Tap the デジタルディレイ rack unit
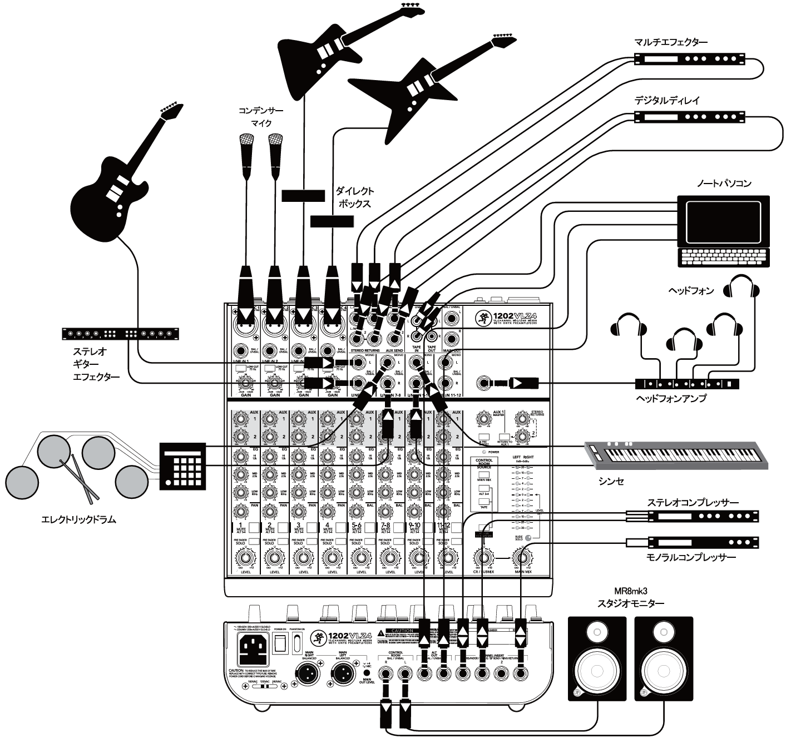tap(690, 117)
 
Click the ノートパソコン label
tap(724, 184)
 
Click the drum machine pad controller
tap(182, 466)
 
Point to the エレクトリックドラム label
tap(79, 520)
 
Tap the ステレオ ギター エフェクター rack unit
tap(121, 334)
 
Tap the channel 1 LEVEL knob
tap(243, 558)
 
